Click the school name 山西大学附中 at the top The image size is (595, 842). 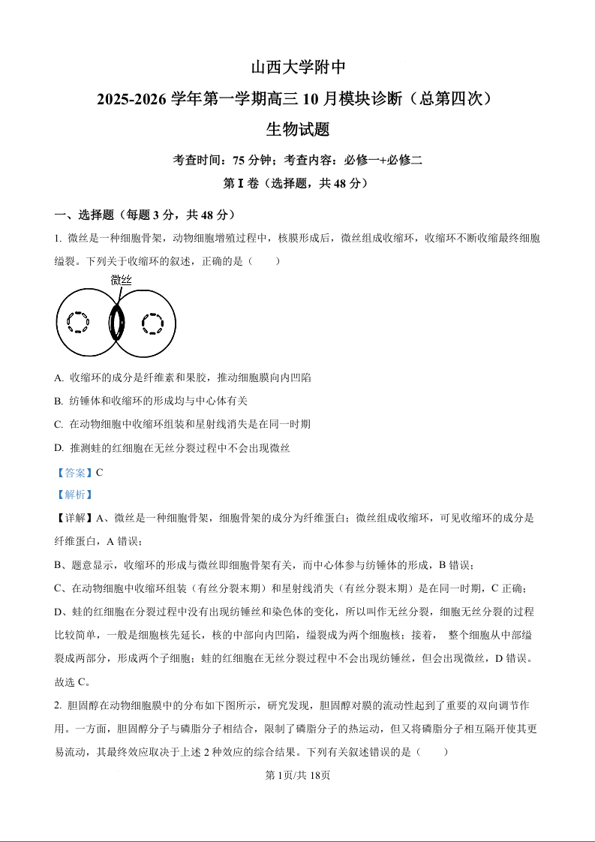(x=297, y=68)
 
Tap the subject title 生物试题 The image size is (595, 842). (x=297, y=130)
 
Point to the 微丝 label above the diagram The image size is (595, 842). (x=121, y=281)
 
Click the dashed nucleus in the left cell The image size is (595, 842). (x=77, y=322)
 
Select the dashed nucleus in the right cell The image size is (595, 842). (x=152, y=323)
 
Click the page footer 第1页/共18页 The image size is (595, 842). (x=298, y=775)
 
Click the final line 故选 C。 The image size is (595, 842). (x=73, y=682)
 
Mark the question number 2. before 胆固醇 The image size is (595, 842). (x=58, y=705)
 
